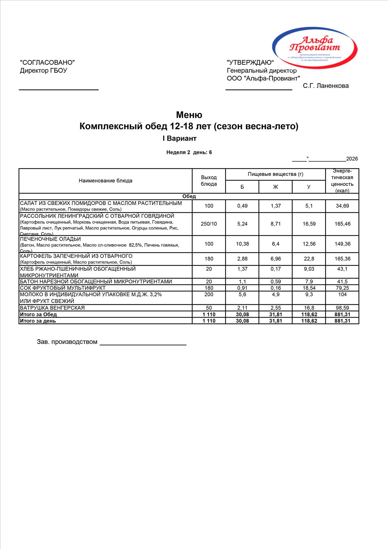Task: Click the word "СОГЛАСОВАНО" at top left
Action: coord(47,62)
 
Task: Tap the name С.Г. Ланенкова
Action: coord(326,86)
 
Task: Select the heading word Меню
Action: coord(189,115)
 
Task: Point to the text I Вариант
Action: coord(179,138)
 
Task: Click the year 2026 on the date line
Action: coord(352,159)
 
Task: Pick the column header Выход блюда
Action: coord(209,181)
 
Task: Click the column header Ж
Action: coord(275,187)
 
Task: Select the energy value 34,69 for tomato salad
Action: coord(342,206)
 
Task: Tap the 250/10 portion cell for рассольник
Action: coord(209,224)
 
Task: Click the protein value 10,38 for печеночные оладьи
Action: coord(242,244)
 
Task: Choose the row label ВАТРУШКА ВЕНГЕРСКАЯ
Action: coord(52,308)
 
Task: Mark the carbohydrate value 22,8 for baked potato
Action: coord(309,259)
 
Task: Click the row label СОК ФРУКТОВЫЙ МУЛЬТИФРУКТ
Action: coord(63,288)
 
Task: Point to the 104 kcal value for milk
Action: coord(342,294)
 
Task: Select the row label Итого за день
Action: coord(38,321)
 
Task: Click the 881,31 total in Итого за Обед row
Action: coord(342,314)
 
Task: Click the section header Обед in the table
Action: coord(189,196)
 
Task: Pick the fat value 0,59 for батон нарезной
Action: coord(275,282)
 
